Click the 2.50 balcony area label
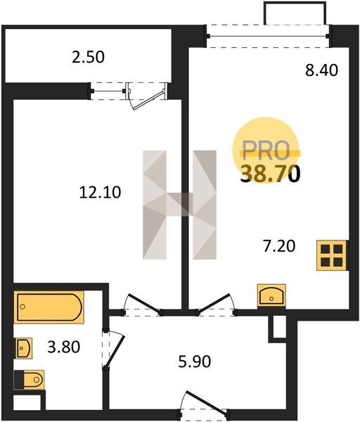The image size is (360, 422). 88,58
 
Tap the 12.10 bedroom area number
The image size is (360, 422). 100,193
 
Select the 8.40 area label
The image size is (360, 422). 321,70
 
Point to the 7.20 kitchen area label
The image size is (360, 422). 279,246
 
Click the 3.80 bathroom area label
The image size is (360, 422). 64,347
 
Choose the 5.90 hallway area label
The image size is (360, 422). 195,362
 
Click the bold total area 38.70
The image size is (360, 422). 270,174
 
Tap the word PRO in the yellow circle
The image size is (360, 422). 266,150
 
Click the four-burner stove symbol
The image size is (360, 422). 331,255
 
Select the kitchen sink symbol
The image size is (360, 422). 271,295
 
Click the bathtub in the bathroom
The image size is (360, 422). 49,307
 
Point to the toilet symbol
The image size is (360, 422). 29,380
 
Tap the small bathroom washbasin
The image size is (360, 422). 24,348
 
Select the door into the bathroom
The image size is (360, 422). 113,348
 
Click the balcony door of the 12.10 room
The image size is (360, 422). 146,96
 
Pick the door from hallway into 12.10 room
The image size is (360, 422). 142,305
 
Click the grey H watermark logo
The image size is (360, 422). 179,205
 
